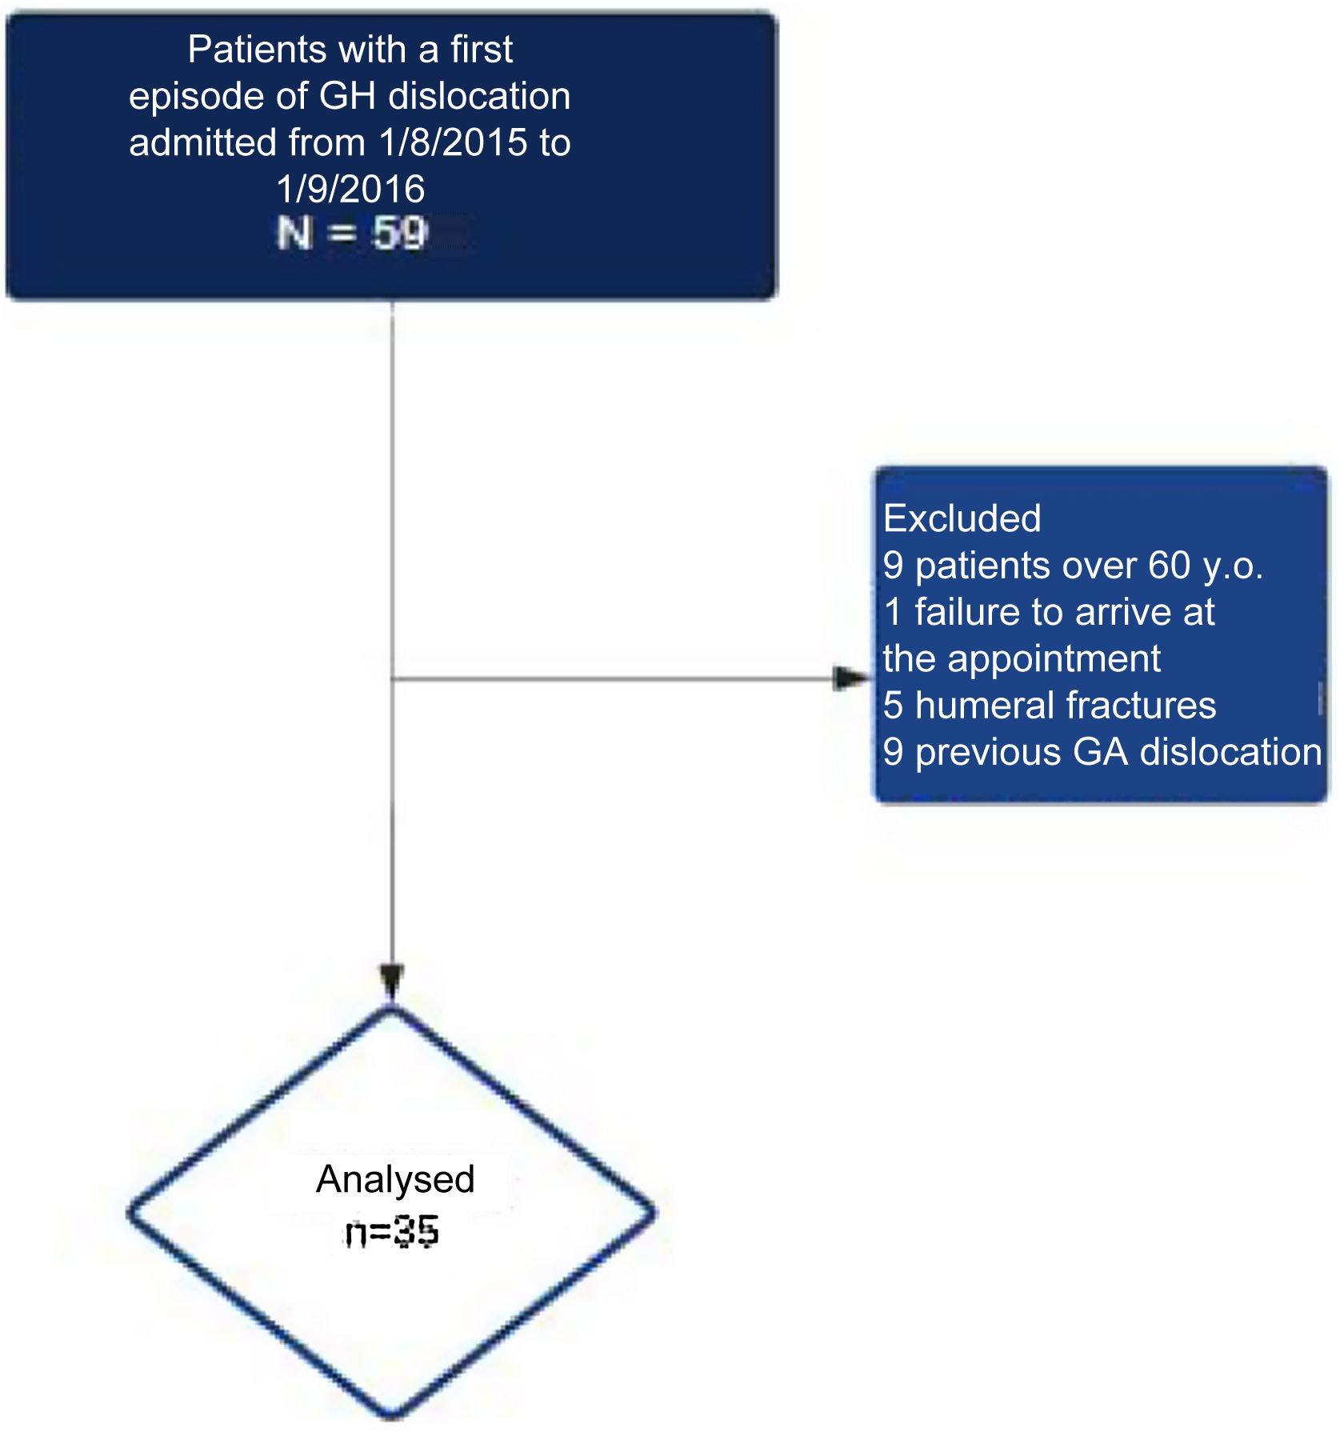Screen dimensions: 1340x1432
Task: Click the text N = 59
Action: coord(352,234)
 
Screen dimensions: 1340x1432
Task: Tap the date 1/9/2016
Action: coord(350,190)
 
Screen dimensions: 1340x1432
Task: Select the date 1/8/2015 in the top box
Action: coord(454,143)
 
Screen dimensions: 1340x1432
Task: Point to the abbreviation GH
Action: coord(347,97)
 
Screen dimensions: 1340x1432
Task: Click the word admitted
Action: coord(202,143)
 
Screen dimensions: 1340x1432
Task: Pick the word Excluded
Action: coord(962,518)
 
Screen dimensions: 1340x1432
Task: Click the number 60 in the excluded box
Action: coord(1170,566)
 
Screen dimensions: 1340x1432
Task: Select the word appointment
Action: coord(1054,659)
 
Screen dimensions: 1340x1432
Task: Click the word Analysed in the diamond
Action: coord(395,1179)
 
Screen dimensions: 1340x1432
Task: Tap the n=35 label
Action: coord(392,1232)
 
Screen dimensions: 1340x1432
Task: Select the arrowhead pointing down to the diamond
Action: coord(392,981)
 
